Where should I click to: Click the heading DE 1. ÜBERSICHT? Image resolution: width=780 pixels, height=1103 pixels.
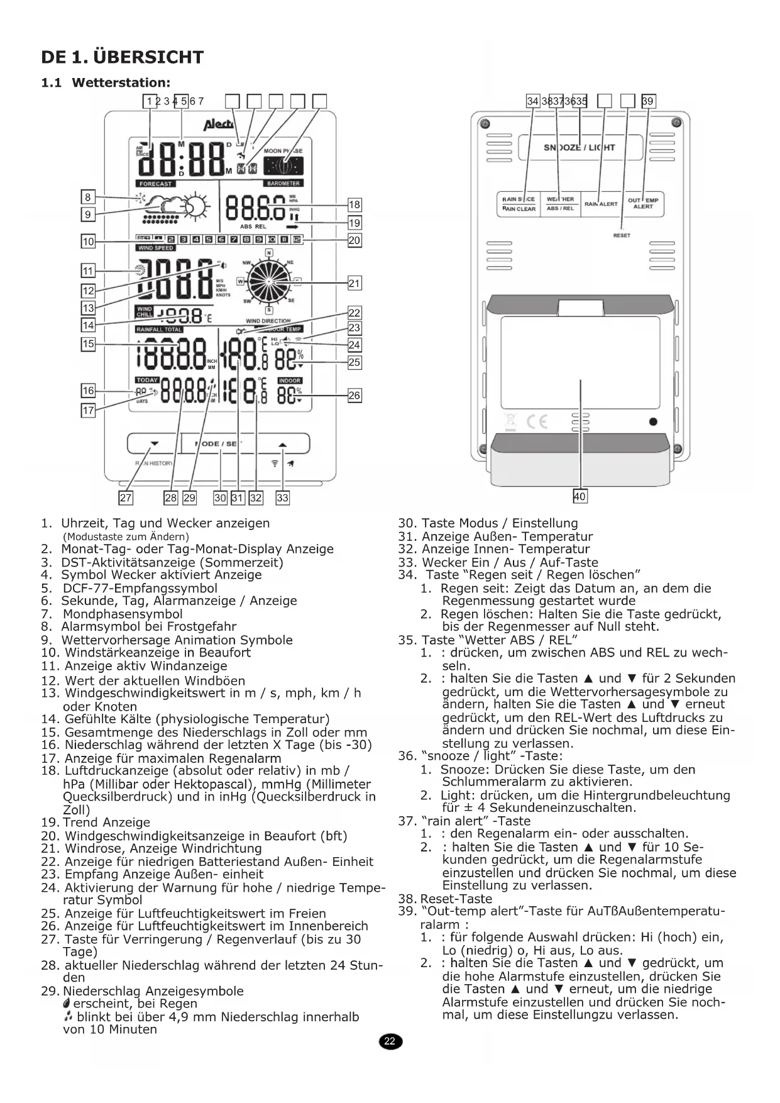click(122, 57)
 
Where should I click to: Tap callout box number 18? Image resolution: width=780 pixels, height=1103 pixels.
click(354, 204)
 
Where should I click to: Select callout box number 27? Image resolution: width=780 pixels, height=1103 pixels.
click(126, 498)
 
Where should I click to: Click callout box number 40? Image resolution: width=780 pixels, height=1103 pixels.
click(580, 496)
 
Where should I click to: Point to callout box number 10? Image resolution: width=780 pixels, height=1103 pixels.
click(88, 241)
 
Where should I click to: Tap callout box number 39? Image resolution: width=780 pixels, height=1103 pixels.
click(648, 101)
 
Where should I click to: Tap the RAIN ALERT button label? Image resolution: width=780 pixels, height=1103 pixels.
click(601, 204)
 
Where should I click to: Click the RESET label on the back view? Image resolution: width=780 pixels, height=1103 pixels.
click(622, 235)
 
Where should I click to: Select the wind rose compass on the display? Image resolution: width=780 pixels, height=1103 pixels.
click(269, 281)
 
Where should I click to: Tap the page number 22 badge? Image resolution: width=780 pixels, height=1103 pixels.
click(390, 1042)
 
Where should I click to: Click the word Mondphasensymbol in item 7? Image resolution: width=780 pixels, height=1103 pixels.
click(123, 614)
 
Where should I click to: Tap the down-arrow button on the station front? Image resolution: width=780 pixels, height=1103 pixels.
click(155, 443)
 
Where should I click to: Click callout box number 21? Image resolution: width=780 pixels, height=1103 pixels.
click(354, 284)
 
